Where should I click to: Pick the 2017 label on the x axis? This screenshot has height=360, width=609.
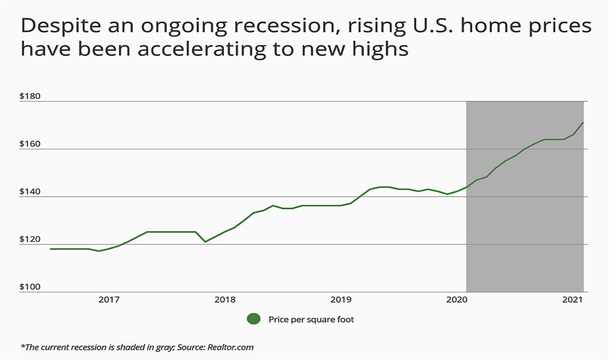tap(109, 300)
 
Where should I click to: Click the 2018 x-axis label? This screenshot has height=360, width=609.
tap(225, 300)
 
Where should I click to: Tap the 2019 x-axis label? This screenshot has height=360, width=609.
tap(341, 300)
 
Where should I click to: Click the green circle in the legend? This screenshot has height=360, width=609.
tap(254, 319)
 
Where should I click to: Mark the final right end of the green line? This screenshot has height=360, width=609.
tap(583, 123)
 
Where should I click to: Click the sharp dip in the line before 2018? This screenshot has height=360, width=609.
tap(205, 241)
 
